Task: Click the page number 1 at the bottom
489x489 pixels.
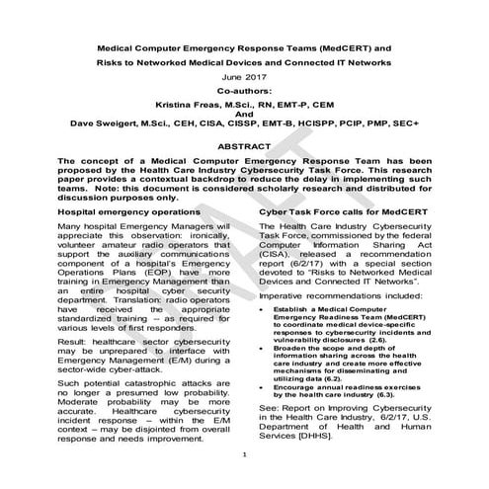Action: pos(244,481)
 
